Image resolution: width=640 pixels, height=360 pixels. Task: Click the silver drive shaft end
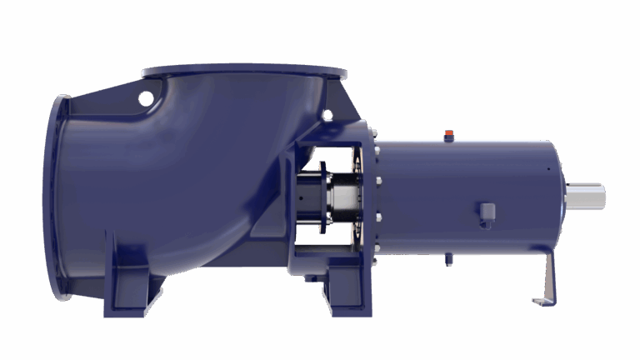pos(587,197)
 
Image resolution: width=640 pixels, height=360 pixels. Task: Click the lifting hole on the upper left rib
pos(147,99)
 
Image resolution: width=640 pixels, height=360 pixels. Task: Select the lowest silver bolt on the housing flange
pos(377,243)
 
